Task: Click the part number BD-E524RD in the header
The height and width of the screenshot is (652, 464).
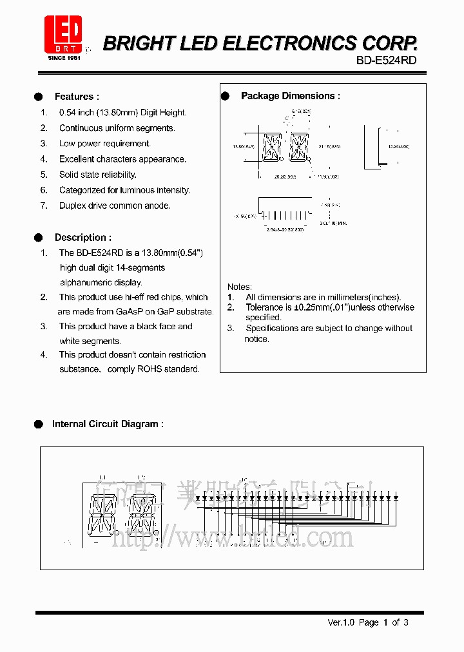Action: tap(386, 60)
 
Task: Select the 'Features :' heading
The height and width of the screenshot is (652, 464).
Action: tap(77, 97)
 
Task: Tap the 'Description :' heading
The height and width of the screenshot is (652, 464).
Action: tap(82, 238)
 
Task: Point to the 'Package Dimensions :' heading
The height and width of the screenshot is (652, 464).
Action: tap(290, 96)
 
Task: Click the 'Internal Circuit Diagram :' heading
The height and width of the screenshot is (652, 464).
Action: tap(108, 424)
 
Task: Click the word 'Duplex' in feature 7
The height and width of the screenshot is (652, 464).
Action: tap(73, 206)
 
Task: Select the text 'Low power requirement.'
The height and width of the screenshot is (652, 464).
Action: tap(105, 144)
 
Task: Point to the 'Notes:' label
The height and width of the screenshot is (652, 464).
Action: tap(240, 287)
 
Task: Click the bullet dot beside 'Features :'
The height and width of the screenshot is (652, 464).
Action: tap(39, 97)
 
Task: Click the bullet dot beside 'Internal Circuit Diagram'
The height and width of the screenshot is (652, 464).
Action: tap(39, 424)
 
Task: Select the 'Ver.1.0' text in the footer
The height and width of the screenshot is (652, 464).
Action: tap(341, 622)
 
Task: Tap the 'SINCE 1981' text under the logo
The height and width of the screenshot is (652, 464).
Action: tap(64, 58)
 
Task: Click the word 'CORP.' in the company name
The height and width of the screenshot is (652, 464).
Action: tap(389, 43)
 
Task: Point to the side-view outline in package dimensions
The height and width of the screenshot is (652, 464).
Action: tap(372, 147)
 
